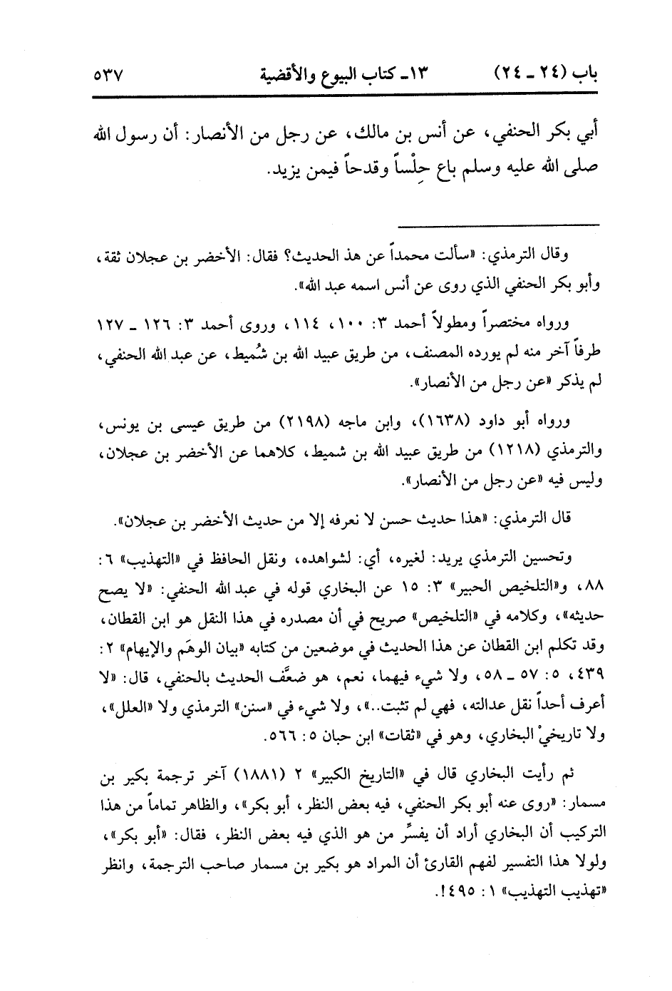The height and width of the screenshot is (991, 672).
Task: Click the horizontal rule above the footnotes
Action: (x=499, y=225)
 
